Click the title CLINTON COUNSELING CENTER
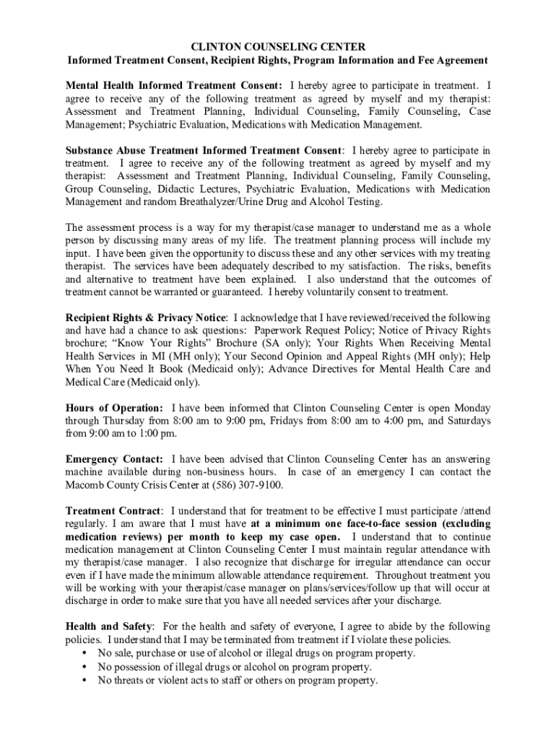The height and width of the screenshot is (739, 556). [278, 46]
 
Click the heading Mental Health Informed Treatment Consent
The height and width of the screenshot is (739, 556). [174, 85]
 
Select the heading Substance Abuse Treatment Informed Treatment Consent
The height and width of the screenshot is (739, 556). [204, 151]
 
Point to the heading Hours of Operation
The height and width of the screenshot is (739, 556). [114, 408]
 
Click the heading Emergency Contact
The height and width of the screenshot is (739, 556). [114, 459]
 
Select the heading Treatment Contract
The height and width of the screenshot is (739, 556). [114, 511]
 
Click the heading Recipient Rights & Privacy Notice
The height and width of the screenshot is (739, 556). [147, 318]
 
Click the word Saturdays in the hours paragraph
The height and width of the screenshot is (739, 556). [464, 421]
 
